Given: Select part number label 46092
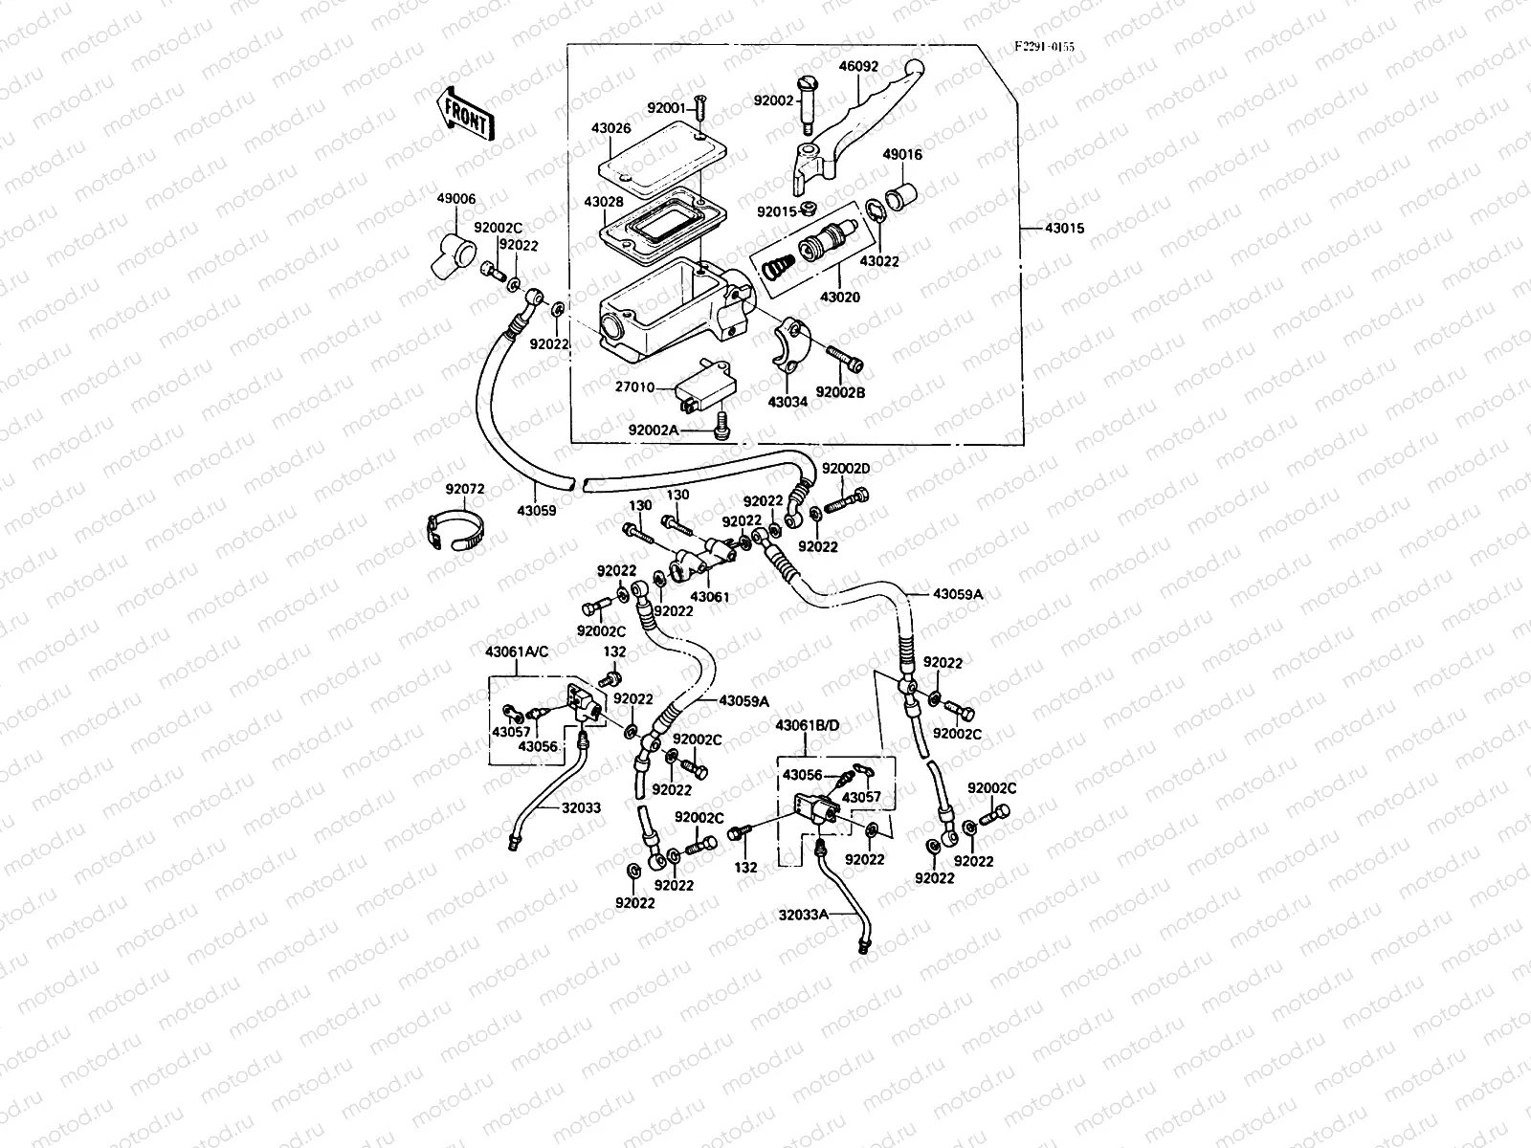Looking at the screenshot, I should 858,67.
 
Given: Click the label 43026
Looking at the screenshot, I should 584,128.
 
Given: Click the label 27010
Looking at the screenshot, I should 635,388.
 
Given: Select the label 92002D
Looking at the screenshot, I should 846,469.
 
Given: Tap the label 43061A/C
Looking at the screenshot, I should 518,652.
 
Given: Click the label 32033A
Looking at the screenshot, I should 803,915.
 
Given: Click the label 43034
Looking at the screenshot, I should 788,402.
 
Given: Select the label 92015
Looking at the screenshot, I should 776,211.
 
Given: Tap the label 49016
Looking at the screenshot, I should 902,154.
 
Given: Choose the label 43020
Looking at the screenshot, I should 840,298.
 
